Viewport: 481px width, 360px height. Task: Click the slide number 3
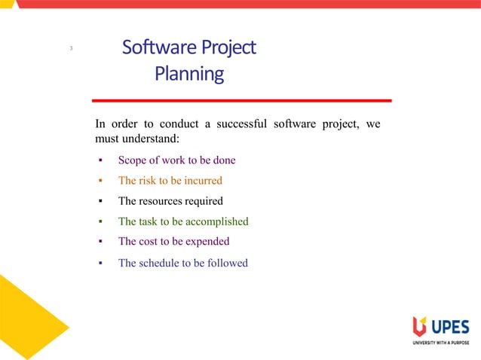pyautogui.click(x=70, y=50)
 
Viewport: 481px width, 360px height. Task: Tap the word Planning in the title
pyautogui.click(x=189, y=74)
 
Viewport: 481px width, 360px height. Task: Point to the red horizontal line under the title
pyautogui.click(x=241, y=100)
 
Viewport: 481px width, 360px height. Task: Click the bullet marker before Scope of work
pyautogui.click(x=100, y=161)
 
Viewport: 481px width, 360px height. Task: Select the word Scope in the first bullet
pyautogui.click(x=133, y=160)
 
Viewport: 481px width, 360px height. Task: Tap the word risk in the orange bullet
pyautogui.click(x=147, y=181)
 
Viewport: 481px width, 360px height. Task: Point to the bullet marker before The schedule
pyautogui.click(x=100, y=264)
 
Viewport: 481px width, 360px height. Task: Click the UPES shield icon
pyautogui.click(x=419, y=327)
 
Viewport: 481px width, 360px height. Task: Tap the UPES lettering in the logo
pyautogui.click(x=450, y=327)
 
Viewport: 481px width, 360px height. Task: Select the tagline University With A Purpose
pyautogui.click(x=440, y=343)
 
